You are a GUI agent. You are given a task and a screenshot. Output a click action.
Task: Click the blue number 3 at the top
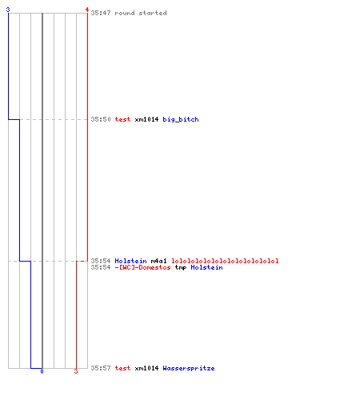tap(8, 10)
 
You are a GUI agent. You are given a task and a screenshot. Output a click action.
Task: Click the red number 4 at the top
tap(87, 10)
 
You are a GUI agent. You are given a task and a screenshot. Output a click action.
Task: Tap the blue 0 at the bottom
tap(42, 371)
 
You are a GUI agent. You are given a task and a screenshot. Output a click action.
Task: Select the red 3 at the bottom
tap(76, 371)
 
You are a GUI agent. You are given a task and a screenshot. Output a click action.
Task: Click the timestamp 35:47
tap(101, 13)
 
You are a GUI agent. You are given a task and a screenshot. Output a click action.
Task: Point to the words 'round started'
tap(141, 13)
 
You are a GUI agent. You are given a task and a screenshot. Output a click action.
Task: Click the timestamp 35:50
tap(101, 119)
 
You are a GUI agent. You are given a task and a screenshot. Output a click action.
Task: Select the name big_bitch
tap(181, 119)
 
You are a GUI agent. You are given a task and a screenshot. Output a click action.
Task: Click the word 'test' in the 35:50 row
tap(122, 119)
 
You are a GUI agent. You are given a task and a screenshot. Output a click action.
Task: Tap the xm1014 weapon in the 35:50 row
tap(146, 119)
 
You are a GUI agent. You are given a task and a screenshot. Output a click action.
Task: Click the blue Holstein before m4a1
tap(130, 261)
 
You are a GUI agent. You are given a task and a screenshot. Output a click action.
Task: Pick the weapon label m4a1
tap(158, 261)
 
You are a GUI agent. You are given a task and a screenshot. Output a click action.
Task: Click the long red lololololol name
tap(225, 261)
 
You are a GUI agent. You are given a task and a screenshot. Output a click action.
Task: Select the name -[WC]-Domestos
tap(142, 267)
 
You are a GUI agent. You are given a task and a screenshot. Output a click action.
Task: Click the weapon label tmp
tap(181, 267)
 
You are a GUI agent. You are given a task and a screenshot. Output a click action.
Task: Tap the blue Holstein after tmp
tap(206, 267)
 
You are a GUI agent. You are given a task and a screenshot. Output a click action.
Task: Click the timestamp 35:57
tap(101, 368)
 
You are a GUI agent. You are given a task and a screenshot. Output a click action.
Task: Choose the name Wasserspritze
tap(189, 368)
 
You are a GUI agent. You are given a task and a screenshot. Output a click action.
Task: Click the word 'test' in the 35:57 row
tap(122, 368)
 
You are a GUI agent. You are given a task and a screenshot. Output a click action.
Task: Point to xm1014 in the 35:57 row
tap(146, 368)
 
